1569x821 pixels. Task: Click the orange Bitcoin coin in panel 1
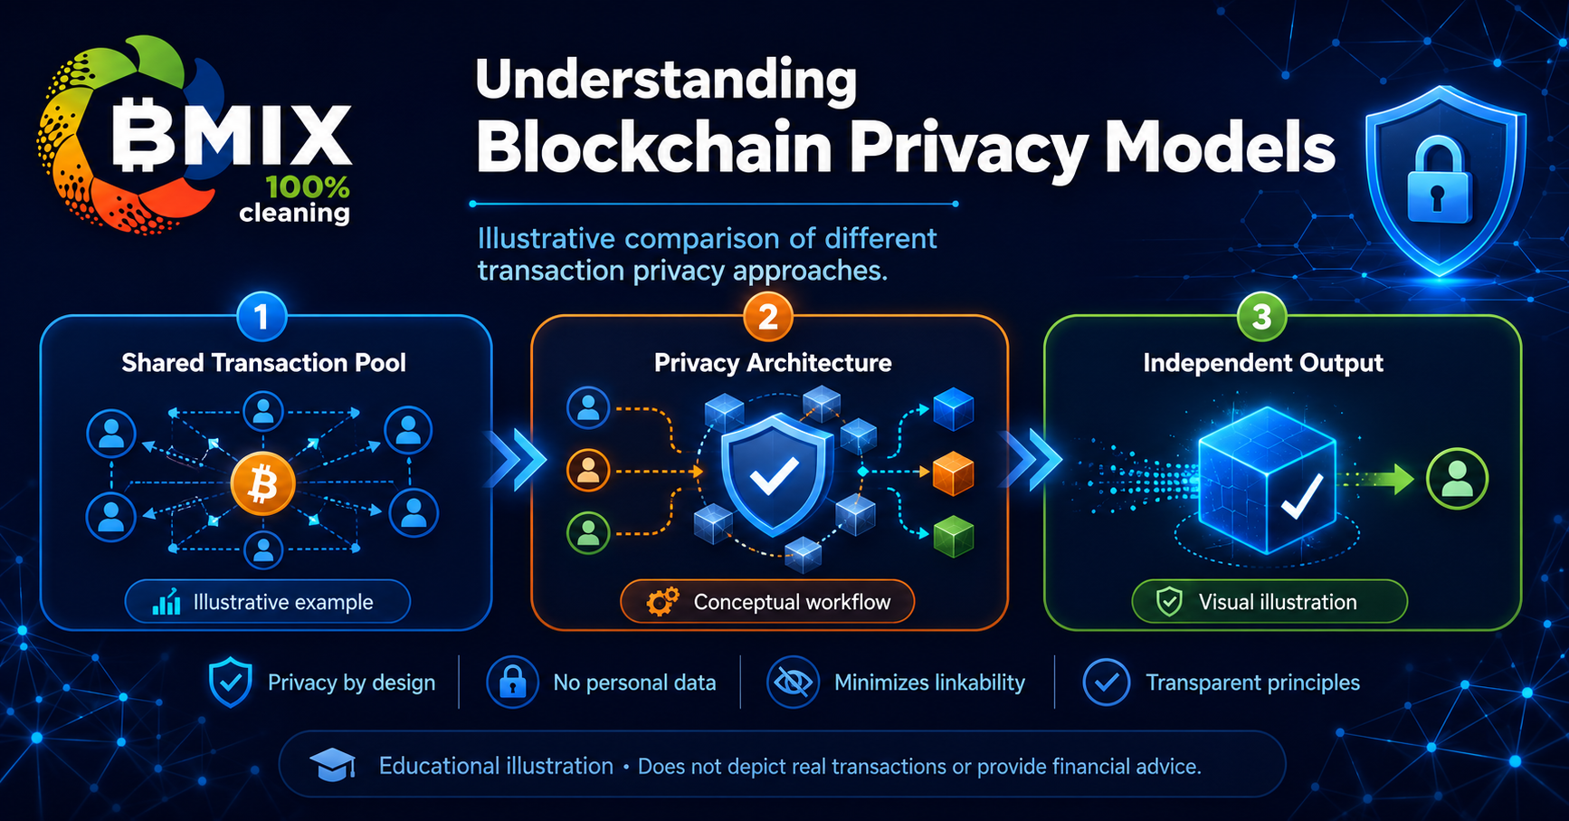click(x=262, y=484)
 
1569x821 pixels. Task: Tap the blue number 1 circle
click(x=261, y=317)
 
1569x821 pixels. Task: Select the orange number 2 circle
click(x=768, y=317)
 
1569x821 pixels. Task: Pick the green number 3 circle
click(x=1261, y=317)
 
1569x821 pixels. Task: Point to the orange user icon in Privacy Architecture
click(x=588, y=471)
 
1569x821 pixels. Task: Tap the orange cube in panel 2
click(x=953, y=473)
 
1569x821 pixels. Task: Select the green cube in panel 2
click(x=953, y=535)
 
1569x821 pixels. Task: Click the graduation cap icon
click(x=332, y=766)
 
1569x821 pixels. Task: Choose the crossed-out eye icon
click(x=793, y=683)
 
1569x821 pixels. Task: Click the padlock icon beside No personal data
click(x=512, y=683)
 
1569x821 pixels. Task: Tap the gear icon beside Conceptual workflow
click(x=663, y=602)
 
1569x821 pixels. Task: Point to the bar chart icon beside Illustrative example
click(x=166, y=602)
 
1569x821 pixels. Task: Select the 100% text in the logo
click(x=308, y=187)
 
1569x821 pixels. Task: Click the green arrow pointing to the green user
click(x=1376, y=479)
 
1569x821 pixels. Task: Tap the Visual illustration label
click(x=1278, y=602)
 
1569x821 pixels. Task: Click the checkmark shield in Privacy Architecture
click(x=775, y=476)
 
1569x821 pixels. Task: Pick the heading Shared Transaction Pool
click(x=263, y=363)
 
